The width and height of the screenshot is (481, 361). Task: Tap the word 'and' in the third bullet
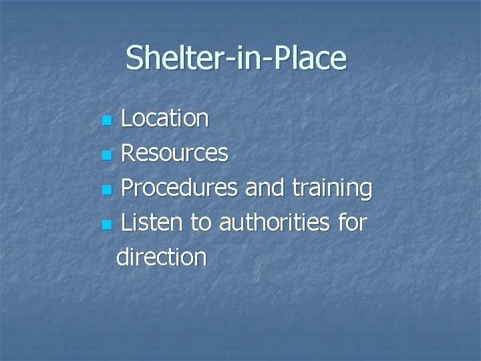tap(263, 189)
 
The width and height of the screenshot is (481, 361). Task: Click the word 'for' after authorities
tap(351, 223)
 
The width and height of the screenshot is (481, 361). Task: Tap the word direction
tap(161, 257)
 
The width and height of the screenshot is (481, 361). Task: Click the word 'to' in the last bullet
tap(202, 223)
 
